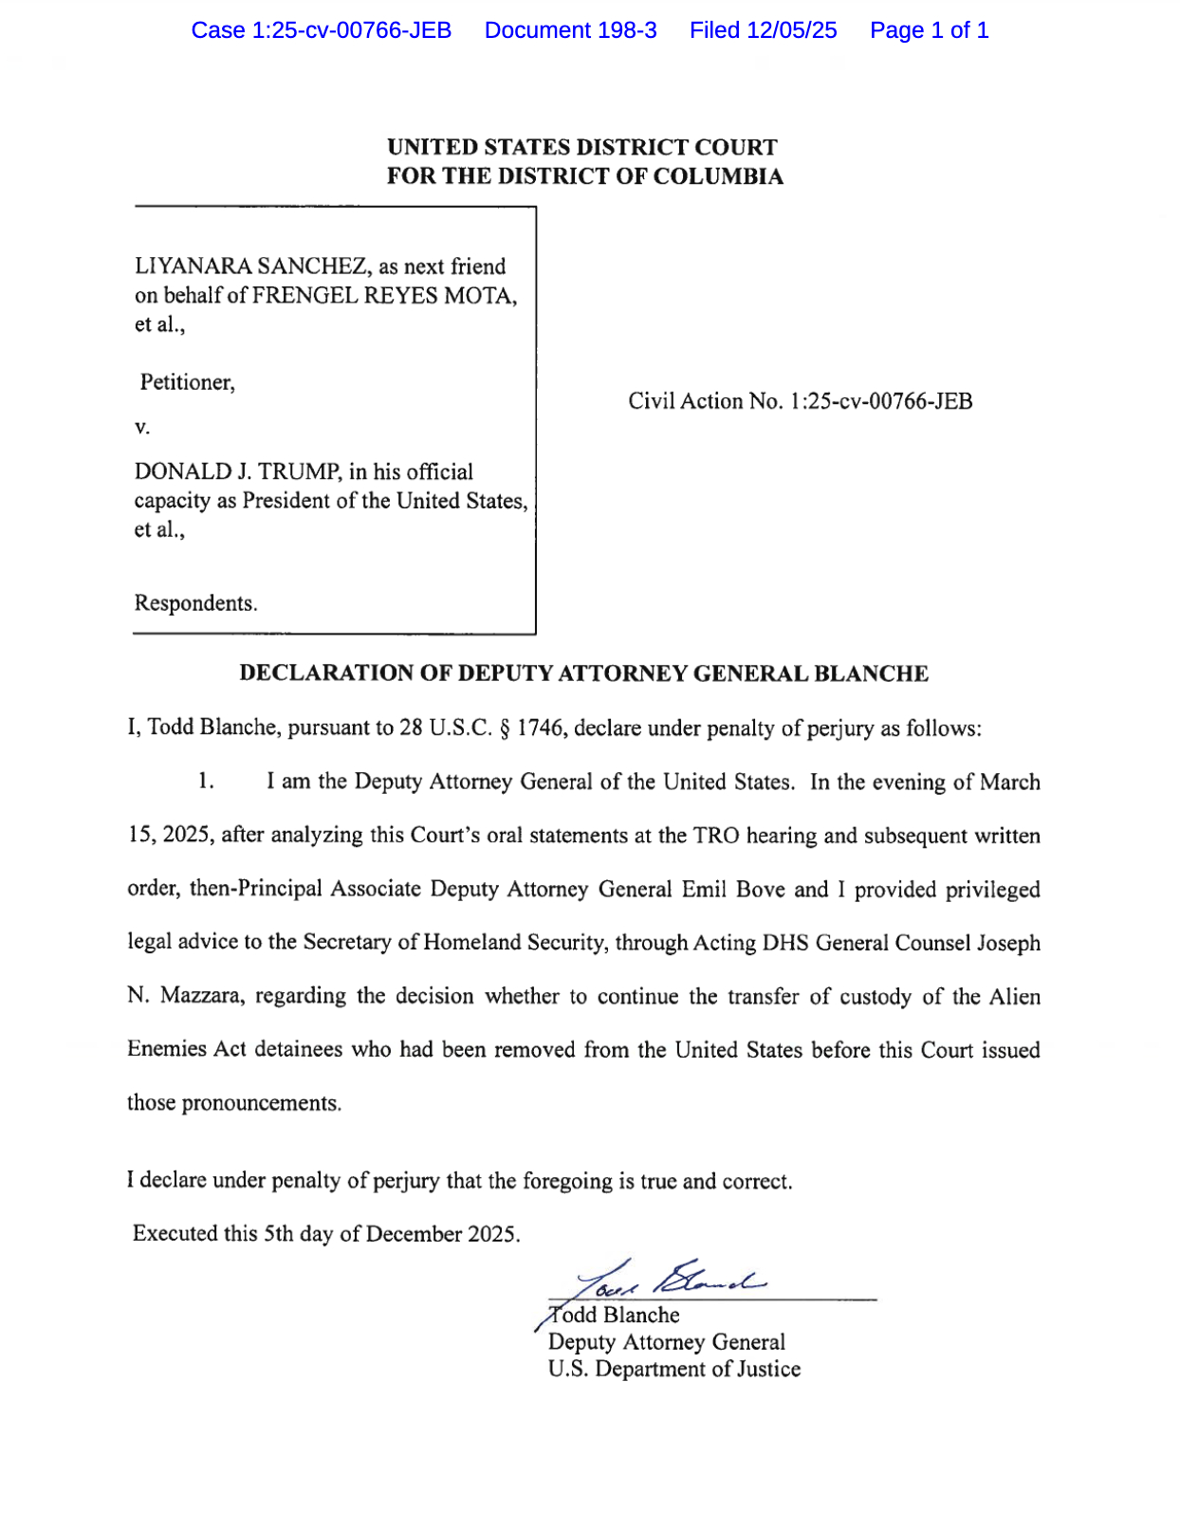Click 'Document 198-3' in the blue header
570,30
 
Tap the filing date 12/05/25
791,30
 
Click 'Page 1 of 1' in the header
929,30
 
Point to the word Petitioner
186,382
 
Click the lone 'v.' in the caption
142,428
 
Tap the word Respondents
194,603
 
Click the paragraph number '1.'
206,782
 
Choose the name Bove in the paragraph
761,889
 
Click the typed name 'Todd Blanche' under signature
615,1315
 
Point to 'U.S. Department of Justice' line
673,1369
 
